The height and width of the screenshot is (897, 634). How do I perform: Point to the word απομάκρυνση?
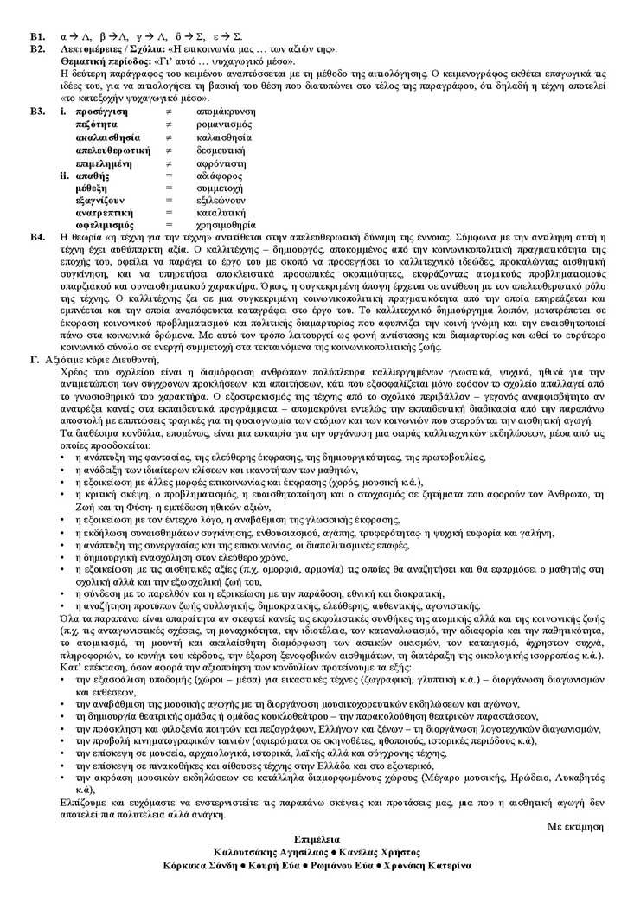[226, 112]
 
